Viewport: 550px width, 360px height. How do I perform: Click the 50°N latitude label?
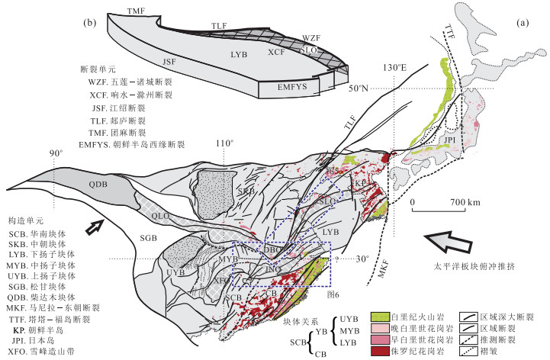[368, 88]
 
